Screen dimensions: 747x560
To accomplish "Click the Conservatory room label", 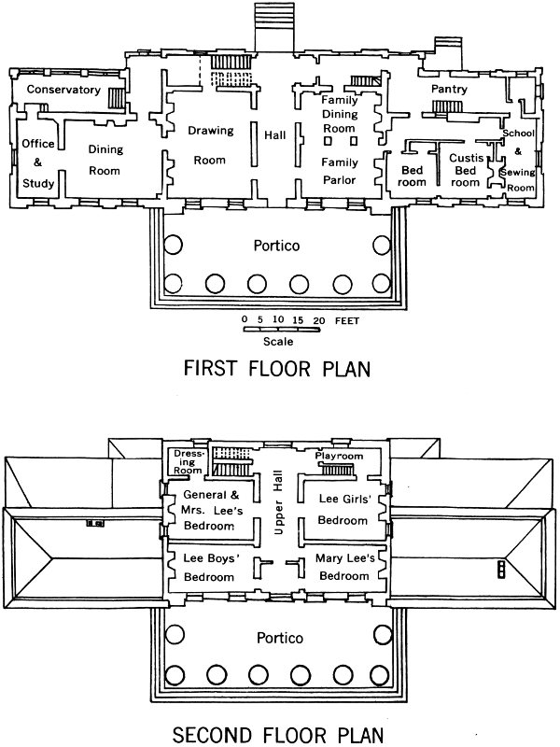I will coord(63,90).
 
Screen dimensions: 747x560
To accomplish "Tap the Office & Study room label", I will coord(38,163).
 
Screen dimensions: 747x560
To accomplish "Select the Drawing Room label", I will coord(210,145).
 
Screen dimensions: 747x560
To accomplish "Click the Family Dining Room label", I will coord(340,113).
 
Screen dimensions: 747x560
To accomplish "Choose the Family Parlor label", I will coord(340,171).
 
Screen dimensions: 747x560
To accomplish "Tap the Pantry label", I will coord(448,89).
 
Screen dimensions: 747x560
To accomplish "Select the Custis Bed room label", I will coord(465,170).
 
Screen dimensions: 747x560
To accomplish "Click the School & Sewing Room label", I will coord(518,160).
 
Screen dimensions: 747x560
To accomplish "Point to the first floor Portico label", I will coord(275,247).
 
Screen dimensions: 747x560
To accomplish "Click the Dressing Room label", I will coord(189,462).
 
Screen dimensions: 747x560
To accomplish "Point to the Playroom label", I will coord(339,456).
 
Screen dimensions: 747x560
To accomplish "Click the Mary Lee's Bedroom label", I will coord(345,568).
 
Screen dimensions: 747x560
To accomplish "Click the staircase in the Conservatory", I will coord(116,98).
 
